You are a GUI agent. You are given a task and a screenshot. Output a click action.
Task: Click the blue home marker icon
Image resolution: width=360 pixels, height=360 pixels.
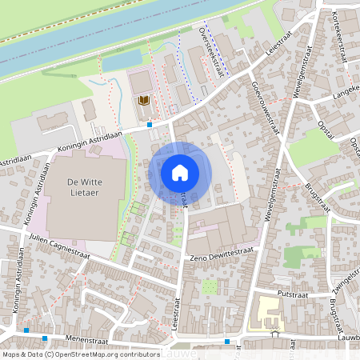point(180,172)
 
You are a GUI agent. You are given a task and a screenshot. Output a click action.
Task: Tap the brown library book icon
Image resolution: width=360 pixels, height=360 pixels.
point(144,100)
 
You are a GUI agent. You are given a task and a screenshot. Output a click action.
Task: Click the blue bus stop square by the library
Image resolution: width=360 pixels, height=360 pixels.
point(150,125)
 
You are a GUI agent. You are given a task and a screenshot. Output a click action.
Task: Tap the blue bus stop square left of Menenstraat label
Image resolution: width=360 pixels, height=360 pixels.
point(26,330)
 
